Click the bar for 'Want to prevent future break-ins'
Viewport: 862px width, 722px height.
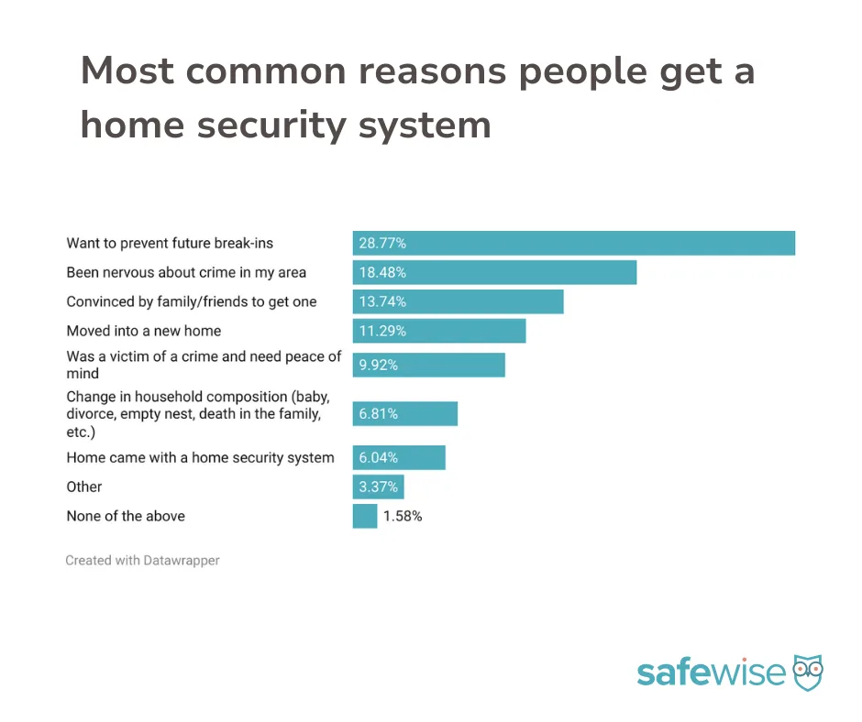click(x=574, y=244)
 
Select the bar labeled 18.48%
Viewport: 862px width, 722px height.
click(x=495, y=272)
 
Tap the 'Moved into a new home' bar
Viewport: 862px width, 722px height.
click(x=439, y=331)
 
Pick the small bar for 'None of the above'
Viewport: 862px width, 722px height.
click(x=365, y=516)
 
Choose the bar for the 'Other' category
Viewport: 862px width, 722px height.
click(x=378, y=487)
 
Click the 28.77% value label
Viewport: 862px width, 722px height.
click(x=382, y=244)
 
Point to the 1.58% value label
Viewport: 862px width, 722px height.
click(x=403, y=516)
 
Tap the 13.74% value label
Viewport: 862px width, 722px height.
click(x=382, y=301)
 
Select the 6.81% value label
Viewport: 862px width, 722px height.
click(x=378, y=414)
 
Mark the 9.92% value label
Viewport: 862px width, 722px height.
click(x=378, y=365)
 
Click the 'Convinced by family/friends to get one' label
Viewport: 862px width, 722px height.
click(x=192, y=301)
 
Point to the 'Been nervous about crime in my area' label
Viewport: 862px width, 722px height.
click(x=186, y=272)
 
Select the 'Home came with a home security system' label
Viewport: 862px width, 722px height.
click(x=200, y=458)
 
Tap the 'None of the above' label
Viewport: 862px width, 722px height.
click(x=126, y=516)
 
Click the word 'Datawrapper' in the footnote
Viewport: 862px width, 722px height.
click(x=182, y=561)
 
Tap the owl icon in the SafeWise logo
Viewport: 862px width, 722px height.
click(x=808, y=672)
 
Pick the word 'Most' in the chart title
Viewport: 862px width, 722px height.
click(x=127, y=71)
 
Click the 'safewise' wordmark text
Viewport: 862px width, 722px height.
click(x=712, y=672)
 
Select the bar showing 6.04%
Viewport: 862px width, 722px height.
click(x=399, y=458)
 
